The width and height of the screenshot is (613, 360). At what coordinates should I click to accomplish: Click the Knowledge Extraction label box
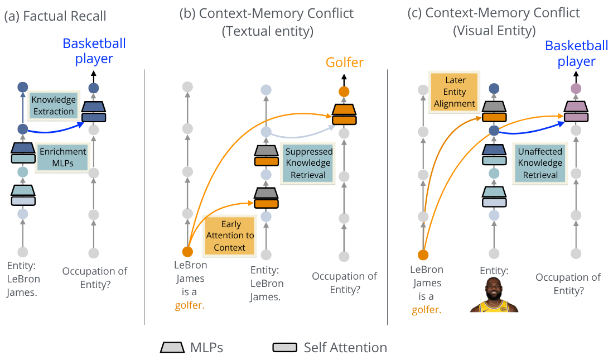pyautogui.click(x=53, y=105)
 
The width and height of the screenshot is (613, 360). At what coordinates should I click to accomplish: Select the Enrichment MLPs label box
pyautogui.click(x=62, y=157)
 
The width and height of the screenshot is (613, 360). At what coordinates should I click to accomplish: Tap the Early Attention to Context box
pyautogui.click(x=230, y=236)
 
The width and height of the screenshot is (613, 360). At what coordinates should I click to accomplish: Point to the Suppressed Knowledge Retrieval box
pyautogui.click(x=308, y=163)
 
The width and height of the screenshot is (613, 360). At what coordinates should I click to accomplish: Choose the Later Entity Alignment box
pyautogui.click(x=454, y=92)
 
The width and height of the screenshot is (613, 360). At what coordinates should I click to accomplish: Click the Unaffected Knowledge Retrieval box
pyautogui.click(x=540, y=163)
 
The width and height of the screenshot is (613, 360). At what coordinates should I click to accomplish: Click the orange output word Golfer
pyautogui.click(x=344, y=62)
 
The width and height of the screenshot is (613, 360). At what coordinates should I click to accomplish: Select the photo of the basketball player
pyautogui.click(x=494, y=295)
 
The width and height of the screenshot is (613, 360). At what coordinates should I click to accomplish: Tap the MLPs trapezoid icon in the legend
pyautogui.click(x=172, y=347)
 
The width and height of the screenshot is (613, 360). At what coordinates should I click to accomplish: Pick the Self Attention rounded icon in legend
pyautogui.click(x=284, y=348)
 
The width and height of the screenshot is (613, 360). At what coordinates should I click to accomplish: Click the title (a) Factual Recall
pyautogui.click(x=55, y=16)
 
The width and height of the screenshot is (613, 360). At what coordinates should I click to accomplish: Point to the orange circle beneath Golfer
pyautogui.click(x=344, y=92)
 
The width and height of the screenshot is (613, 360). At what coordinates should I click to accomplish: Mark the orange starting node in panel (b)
pyautogui.click(x=187, y=252)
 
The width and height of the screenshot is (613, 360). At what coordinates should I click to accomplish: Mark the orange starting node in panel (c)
pyautogui.click(x=423, y=255)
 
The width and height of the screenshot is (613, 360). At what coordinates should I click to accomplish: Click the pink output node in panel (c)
pyautogui.click(x=576, y=88)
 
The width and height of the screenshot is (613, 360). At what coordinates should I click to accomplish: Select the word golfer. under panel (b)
pyautogui.click(x=190, y=305)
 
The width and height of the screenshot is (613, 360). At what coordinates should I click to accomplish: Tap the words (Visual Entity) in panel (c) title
pyautogui.click(x=494, y=31)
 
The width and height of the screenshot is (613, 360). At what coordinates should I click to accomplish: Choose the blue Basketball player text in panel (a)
pyautogui.click(x=94, y=51)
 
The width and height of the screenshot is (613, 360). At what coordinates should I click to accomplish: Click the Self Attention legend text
pyautogui.click(x=345, y=348)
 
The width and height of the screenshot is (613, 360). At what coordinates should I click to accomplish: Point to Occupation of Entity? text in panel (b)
pyautogui.click(x=344, y=282)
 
